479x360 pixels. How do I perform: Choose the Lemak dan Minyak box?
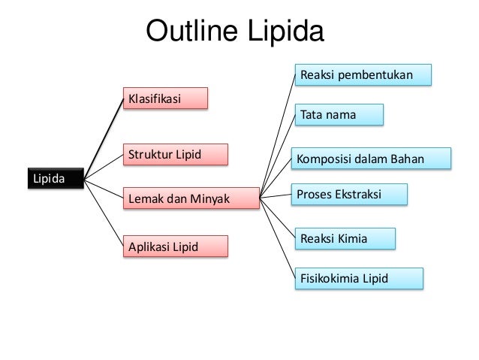(x=189, y=198)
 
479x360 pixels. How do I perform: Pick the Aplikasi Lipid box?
(x=175, y=247)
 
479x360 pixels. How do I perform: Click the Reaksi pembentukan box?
(x=363, y=75)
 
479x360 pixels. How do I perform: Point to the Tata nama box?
(x=339, y=115)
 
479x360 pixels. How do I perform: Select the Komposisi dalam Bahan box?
(x=372, y=159)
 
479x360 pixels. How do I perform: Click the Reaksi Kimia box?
(x=345, y=238)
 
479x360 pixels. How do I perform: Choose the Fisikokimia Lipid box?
(x=358, y=278)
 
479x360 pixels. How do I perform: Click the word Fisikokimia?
(x=330, y=278)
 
